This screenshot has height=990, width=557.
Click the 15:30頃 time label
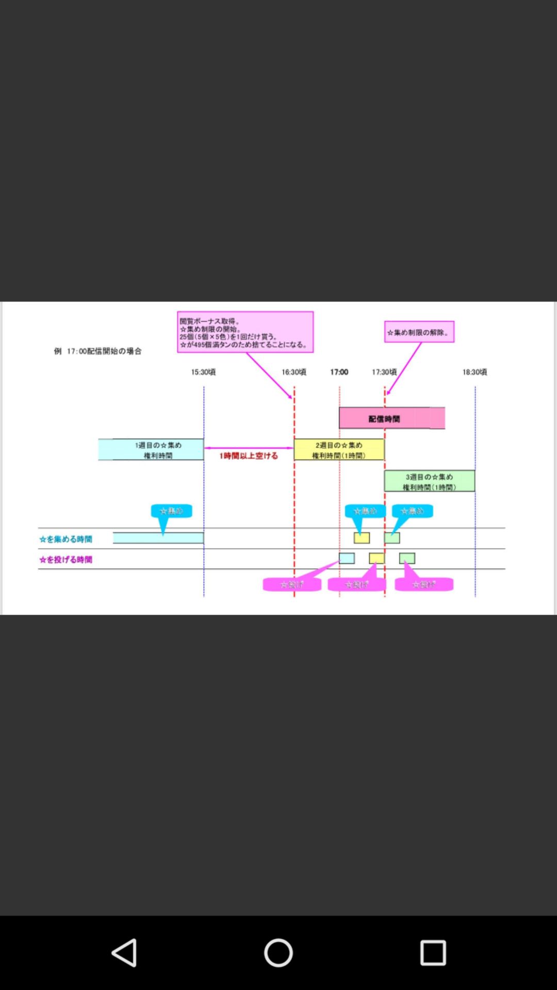point(203,372)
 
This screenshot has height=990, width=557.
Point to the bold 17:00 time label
point(339,372)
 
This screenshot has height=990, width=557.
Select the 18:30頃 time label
point(474,372)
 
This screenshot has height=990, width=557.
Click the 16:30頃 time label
point(294,372)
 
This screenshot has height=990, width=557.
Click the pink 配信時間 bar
point(391,418)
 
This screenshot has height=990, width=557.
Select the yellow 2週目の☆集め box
point(339,450)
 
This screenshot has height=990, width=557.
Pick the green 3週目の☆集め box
point(429,481)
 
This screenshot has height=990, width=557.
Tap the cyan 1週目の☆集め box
point(151,450)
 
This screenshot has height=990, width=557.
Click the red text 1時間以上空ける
point(249,456)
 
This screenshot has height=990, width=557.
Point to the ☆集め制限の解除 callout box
point(419,332)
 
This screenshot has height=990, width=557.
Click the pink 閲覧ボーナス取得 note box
point(245,332)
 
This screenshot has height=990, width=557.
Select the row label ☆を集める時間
point(66,539)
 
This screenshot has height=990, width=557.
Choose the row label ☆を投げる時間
point(66,559)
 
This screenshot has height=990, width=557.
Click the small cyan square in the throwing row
point(347,558)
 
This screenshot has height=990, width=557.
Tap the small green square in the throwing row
point(407,558)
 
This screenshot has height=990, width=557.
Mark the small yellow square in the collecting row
point(362,538)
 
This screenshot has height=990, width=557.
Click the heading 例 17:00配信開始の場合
point(98,351)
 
